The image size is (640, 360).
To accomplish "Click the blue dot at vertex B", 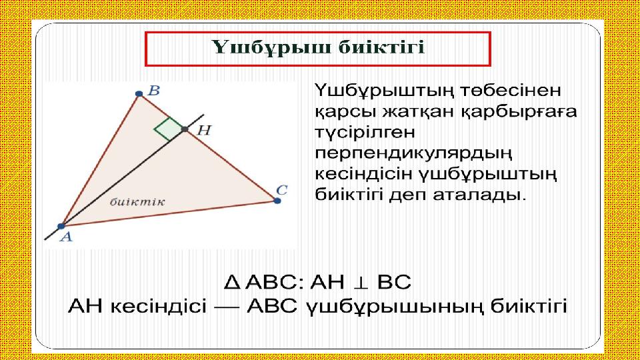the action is (139, 94).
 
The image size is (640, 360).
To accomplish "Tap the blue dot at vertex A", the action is (61, 226).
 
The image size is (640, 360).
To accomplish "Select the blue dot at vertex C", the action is (277, 201).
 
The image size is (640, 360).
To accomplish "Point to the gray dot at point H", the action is (185, 129).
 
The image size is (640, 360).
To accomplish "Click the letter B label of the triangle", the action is (153, 90).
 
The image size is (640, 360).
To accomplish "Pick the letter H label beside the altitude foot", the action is (204, 130).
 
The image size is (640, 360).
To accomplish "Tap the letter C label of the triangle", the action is (281, 190).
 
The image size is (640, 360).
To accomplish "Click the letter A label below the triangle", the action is (66, 237).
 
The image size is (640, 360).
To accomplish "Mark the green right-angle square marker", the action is (168, 129).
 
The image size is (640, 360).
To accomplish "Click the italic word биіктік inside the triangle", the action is (137, 201).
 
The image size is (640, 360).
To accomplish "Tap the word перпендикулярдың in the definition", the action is (413, 153).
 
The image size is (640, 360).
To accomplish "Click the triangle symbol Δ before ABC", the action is (232, 283).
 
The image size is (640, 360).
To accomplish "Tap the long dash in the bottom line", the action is (227, 306).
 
